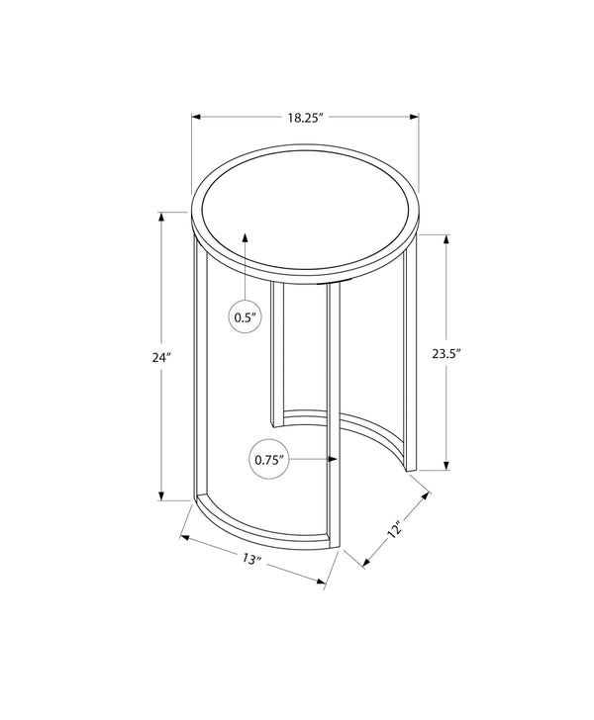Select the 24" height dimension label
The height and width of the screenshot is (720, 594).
point(163,359)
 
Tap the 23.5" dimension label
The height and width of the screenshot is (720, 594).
point(447,352)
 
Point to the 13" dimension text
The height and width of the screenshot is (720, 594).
point(250,561)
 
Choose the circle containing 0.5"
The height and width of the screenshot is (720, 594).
point(246,317)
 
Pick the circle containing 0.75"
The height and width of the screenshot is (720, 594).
point(268,459)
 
